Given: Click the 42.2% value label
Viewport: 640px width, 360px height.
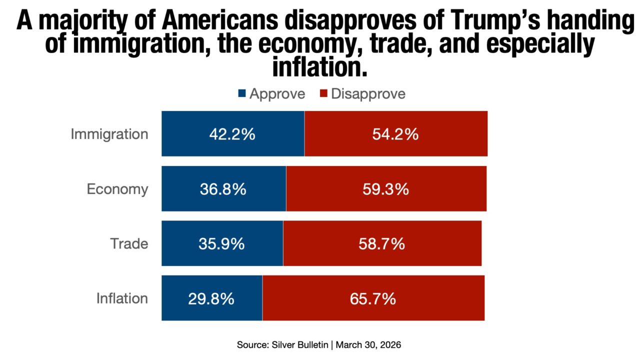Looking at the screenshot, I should point(232,134).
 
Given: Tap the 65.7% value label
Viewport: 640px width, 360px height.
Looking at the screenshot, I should point(372,299).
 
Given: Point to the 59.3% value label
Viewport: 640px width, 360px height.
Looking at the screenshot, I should point(385,189).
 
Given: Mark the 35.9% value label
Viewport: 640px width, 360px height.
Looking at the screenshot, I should point(221,244).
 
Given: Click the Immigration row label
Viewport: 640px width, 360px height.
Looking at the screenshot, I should point(109,134).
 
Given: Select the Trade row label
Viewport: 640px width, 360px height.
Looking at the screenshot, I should point(129,244).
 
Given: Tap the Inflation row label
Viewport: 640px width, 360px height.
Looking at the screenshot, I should point(122,299).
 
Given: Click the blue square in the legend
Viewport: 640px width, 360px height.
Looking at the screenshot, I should point(242,93).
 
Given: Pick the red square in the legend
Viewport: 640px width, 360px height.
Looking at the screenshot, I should point(322,93).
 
